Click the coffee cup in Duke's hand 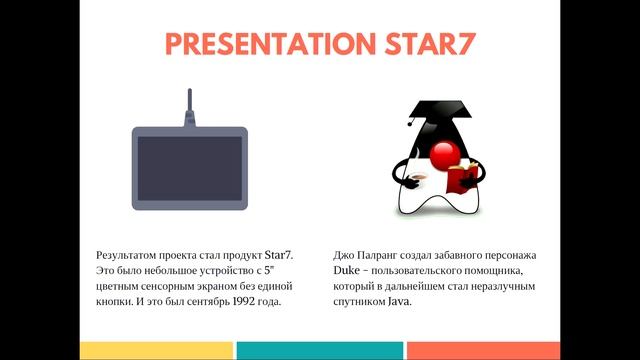pos(417,181)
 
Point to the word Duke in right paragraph pos(346,272)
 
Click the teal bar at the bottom pos(319,350)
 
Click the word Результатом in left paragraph pos(126,257)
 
